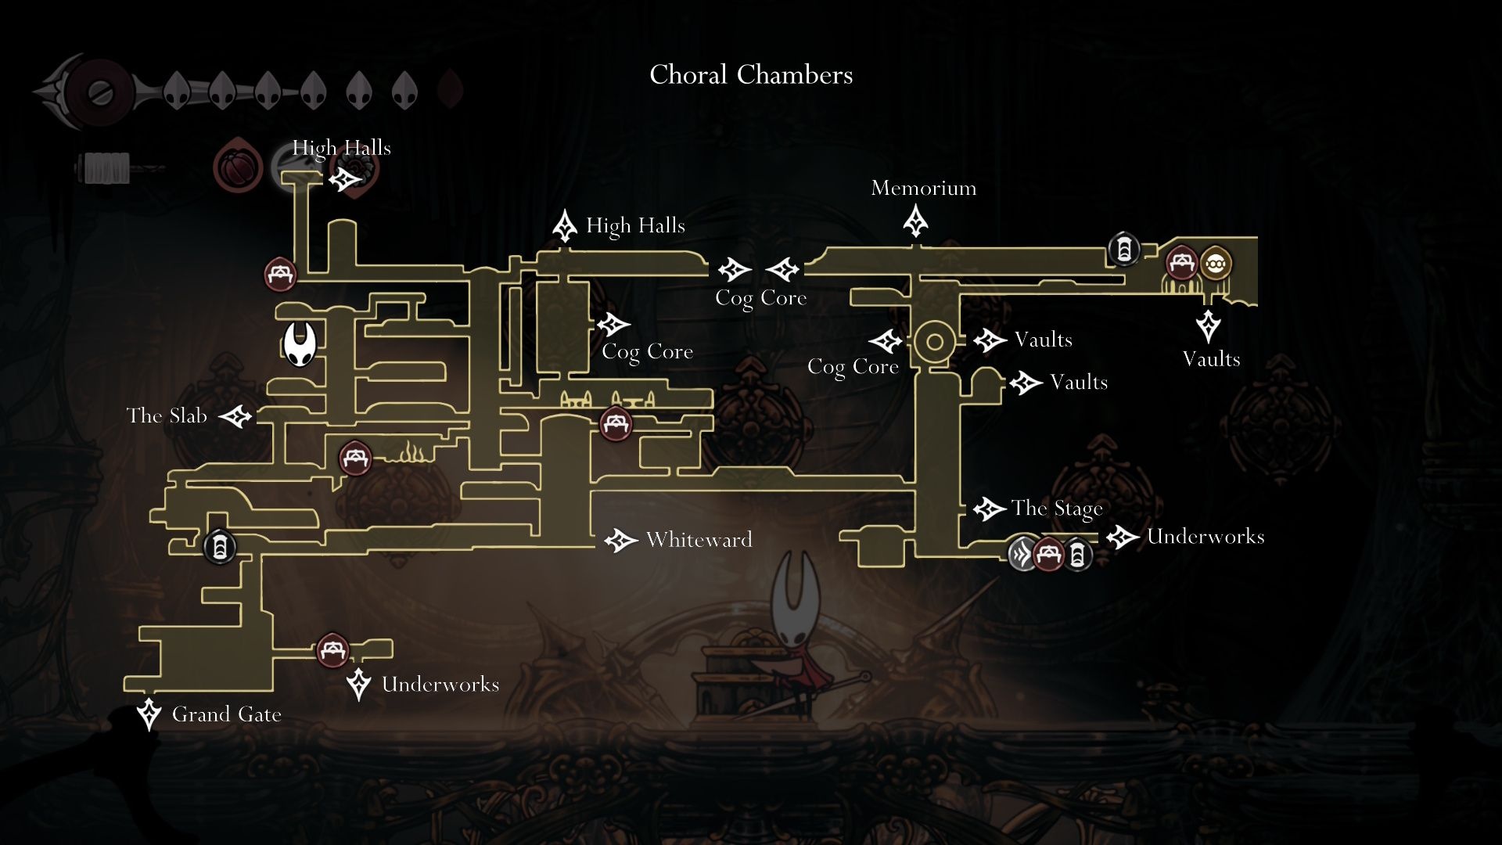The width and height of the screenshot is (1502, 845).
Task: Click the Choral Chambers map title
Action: [751, 75]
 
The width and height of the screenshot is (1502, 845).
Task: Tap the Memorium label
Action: [923, 189]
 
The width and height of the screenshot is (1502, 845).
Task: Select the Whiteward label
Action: [699, 540]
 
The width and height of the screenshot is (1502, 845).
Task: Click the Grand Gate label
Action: [226, 714]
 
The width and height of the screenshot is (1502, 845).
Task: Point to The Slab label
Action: [167, 415]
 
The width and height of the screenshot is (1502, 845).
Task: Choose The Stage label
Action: [1056, 509]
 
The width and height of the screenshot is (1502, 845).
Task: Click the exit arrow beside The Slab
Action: [235, 416]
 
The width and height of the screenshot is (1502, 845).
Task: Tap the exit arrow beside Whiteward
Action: [621, 540]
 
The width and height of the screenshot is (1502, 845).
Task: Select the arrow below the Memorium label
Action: [915, 221]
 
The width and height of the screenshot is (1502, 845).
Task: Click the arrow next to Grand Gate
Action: [149, 714]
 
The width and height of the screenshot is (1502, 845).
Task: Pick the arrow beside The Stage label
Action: [989, 509]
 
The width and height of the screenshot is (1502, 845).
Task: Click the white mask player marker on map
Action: [299, 344]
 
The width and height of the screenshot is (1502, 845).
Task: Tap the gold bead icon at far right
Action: [1214, 264]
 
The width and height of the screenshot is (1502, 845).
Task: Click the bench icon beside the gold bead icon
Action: [1181, 263]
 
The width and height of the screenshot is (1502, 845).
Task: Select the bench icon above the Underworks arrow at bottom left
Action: [332, 650]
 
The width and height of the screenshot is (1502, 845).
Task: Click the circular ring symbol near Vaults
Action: [934, 342]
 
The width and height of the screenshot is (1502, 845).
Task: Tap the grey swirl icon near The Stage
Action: [1022, 554]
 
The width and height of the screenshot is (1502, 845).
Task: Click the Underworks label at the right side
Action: [1205, 537]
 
